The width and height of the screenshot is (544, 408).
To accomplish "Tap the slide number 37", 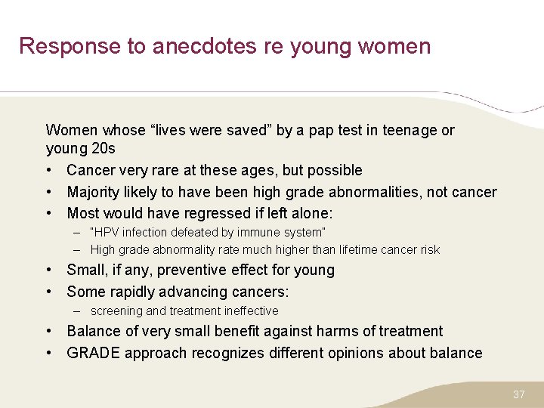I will tap(518, 394).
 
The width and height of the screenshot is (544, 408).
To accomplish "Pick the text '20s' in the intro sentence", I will tap(102, 149).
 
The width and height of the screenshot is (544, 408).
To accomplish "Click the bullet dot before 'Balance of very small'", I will tap(49, 331).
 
